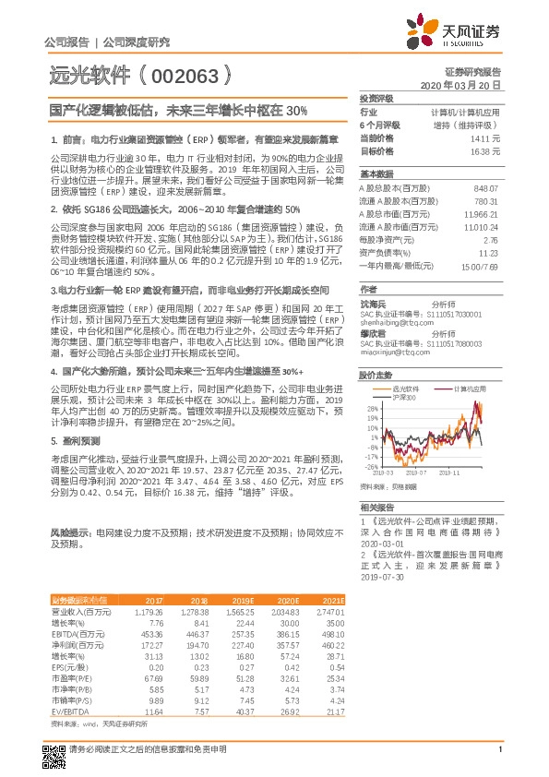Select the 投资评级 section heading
(376, 98)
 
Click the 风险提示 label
(69, 533)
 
